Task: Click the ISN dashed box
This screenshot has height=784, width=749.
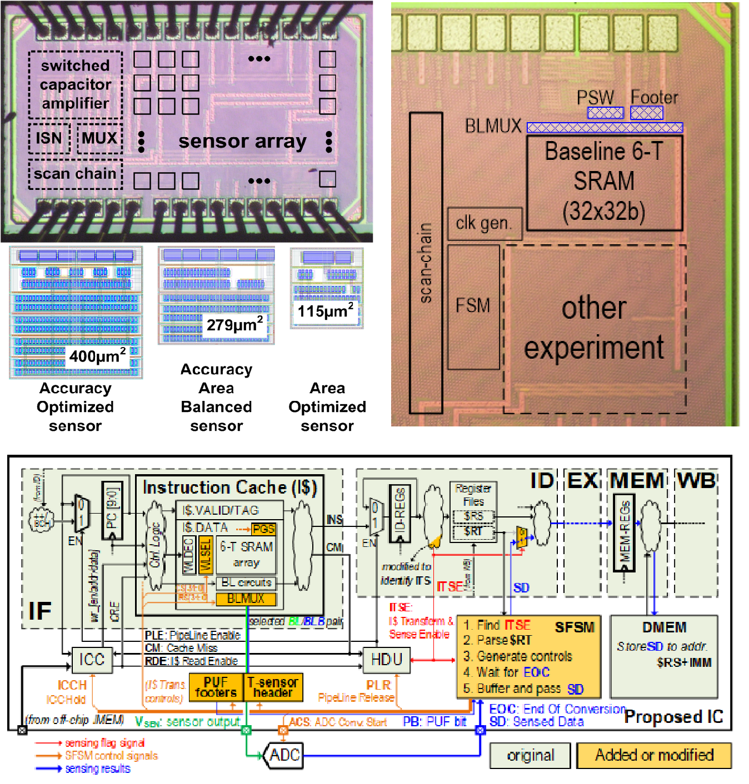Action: (49, 138)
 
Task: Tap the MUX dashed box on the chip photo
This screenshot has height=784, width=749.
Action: (100, 138)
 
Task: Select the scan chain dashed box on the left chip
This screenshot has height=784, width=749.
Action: (75, 174)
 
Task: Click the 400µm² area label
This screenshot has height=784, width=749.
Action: (97, 355)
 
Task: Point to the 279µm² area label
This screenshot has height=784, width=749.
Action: (234, 324)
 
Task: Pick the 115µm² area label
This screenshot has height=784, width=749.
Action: (326, 311)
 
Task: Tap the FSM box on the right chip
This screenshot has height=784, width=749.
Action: (473, 306)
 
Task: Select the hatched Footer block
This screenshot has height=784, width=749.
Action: (647, 113)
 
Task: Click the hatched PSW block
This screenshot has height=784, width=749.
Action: (606, 113)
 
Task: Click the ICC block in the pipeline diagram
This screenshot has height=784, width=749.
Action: (92, 659)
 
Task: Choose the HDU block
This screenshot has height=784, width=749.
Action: (386, 659)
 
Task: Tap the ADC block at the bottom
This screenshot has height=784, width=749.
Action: (284, 755)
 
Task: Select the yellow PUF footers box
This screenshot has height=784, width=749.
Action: (216, 687)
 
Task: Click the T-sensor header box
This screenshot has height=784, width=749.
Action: (273, 687)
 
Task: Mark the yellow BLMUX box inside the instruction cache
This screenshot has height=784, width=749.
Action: (246, 599)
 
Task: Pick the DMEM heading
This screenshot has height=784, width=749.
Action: (664, 627)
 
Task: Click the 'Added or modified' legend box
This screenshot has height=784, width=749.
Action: (654, 755)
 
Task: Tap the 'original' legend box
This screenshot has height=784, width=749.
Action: (530, 756)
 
